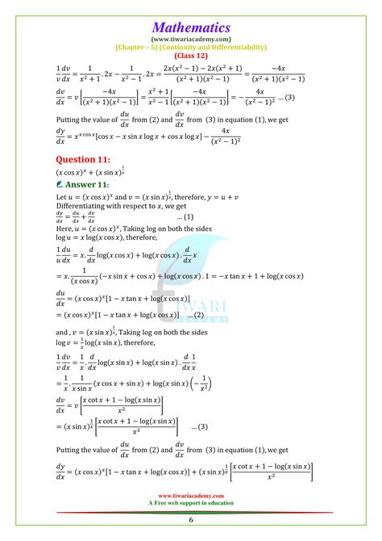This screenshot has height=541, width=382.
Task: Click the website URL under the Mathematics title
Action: (190, 38)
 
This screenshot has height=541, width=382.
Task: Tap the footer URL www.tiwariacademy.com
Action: (191, 497)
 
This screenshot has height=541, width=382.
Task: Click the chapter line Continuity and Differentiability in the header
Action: (190, 47)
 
